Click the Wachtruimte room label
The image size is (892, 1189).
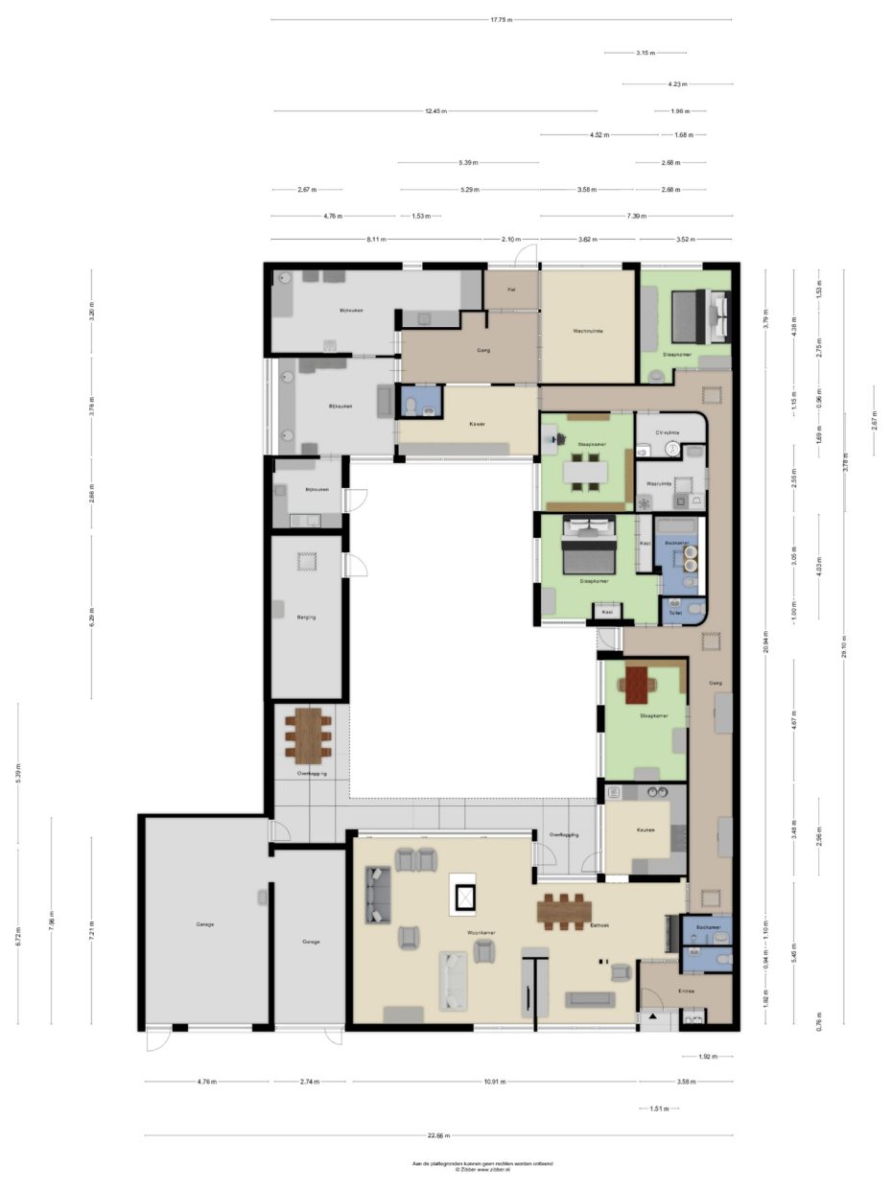(x=588, y=331)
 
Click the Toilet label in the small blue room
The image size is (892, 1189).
(x=675, y=612)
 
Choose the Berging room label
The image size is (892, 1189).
(x=306, y=617)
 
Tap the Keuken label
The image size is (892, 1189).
(x=645, y=830)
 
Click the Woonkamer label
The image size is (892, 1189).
(x=481, y=932)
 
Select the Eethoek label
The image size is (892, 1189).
(x=599, y=925)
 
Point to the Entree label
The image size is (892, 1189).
(x=686, y=991)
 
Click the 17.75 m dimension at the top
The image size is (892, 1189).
(x=501, y=19)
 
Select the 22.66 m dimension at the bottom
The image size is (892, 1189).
(x=437, y=1135)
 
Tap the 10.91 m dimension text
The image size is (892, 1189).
(x=495, y=1082)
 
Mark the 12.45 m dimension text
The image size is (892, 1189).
(x=436, y=111)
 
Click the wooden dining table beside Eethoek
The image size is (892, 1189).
(x=564, y=911)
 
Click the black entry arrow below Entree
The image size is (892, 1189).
(x=653, y=1014)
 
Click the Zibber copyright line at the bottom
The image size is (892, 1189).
(x=482, y=1170)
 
